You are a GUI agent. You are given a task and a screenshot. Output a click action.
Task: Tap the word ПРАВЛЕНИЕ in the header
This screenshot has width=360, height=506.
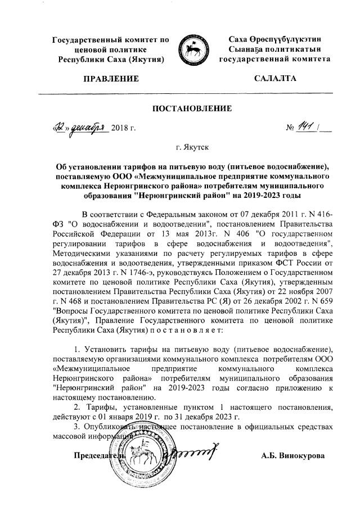tap(110, 78)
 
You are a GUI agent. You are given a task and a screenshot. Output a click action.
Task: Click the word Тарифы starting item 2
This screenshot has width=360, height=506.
tap(99, 407)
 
